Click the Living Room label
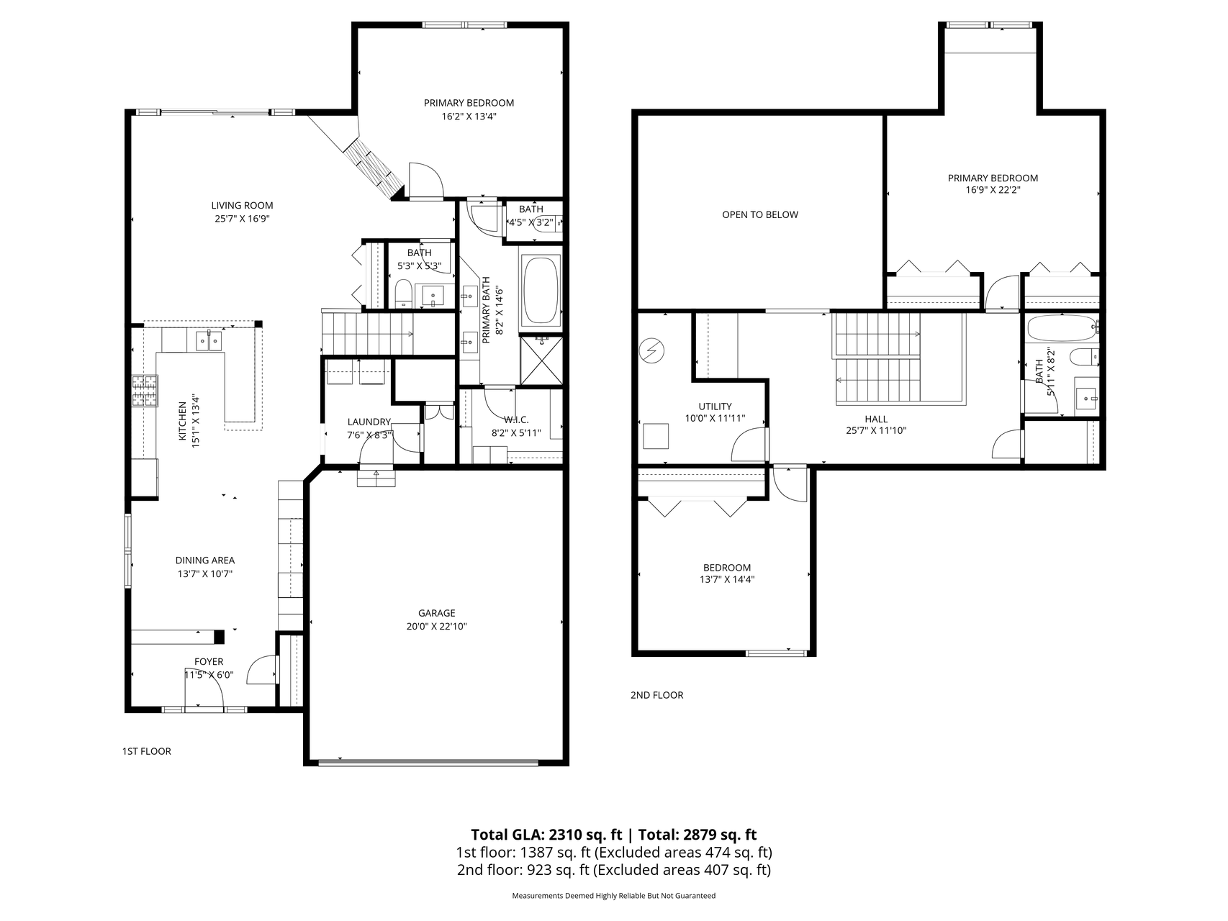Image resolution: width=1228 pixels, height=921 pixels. click(x=242, y=205)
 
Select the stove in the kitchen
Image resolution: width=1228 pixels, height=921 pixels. click(x=145, y=392)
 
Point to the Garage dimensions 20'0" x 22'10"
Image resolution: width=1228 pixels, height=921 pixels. click(x=436, y=627)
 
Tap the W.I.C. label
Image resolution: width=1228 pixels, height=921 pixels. click(x=516, y=419)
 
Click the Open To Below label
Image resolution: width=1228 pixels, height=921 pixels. click(x=759, y=214)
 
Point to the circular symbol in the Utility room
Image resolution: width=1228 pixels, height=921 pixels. click(x=652, y=351)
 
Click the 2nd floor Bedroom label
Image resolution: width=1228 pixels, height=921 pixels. click(x=726, y=568)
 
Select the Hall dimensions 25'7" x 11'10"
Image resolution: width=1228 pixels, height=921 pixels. click(x=875, y=431)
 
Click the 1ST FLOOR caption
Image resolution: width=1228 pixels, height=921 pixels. click(x=147, y=751)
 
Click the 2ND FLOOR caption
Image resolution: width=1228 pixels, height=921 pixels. click(x=656, y=695)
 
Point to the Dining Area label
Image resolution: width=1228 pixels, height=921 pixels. click(x=204, y=561)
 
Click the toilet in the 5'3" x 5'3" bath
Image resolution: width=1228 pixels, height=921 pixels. click(x=403, y=294)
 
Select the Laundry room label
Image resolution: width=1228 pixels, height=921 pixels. click(x=369, y=422)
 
